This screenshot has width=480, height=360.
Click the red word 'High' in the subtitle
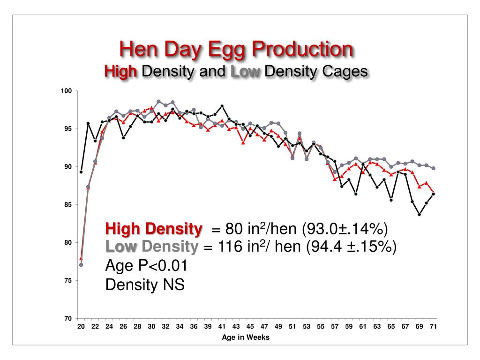[120, 72]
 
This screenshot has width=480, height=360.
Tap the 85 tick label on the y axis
[67, 205]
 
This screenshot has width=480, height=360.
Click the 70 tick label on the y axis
[67, 319]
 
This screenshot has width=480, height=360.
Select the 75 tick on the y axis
[67, 281]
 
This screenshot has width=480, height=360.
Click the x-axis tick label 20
[81, 327]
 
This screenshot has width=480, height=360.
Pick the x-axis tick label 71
[434, 327]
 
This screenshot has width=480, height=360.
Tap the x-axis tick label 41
[222, 327]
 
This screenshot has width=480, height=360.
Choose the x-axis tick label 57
[335, 327]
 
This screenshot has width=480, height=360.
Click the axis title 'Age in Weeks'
[246, 337]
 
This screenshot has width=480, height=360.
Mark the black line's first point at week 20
[81, 172]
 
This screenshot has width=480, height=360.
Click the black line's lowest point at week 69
[419, 214]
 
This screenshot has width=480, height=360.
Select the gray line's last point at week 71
[433, 168]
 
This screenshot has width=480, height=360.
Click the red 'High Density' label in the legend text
[154, 229]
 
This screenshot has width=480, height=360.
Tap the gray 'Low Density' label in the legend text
[150, 247]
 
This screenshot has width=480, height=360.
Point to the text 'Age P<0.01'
[146, 266]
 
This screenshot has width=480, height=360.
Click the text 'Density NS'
[145, 285]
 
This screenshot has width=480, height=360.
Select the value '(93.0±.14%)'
[345, 229]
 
